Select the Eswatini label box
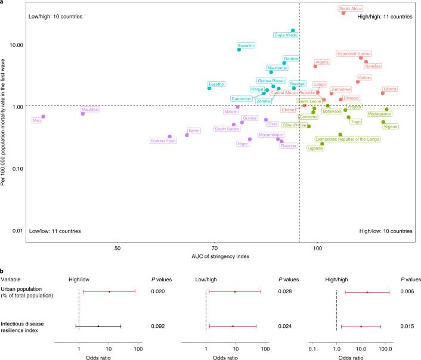pyautogui.click(x=246, y=45)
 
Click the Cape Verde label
pyautogui.click(x=286, y=35)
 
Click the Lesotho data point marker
pyautogui.click(x=209, y=88)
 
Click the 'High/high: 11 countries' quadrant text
pyautogui.click(x=384, y=17)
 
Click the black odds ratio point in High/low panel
pyautogui.click(x=98, y=326)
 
